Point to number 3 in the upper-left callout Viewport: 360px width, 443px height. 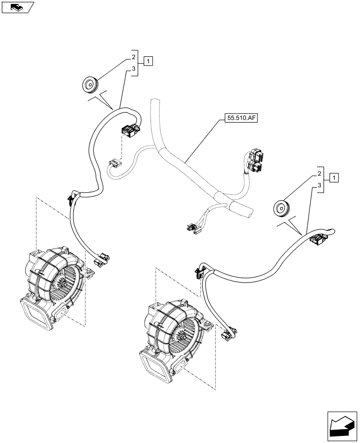(x=133, y=69)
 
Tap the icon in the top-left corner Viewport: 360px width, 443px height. (x=17, y=7)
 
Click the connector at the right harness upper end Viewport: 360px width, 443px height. (x=317, y=240)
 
